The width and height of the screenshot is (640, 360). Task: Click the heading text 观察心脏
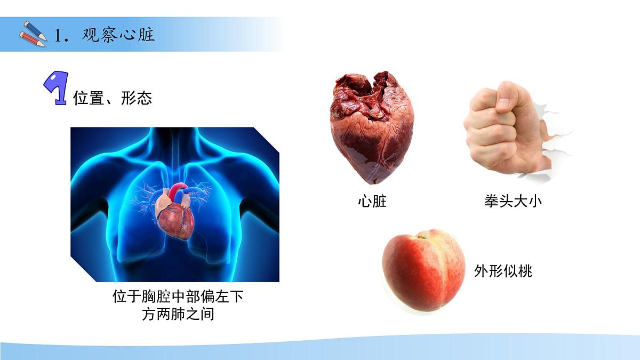[x=118, y=35]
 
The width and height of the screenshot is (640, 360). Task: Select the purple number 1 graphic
[x=54, y=88]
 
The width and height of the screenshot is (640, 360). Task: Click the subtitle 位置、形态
[x=113, y=98]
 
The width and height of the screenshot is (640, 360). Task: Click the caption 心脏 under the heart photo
[x=372, y=202]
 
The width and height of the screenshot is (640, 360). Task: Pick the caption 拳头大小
[x=509, y=202]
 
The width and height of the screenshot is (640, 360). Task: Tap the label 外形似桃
[x=503, y=271]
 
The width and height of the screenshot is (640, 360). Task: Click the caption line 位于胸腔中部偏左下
[x=178, y=297]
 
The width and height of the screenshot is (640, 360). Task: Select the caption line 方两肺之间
[x=178, y=314]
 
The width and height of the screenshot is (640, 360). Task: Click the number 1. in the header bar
[x=62, y=36]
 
